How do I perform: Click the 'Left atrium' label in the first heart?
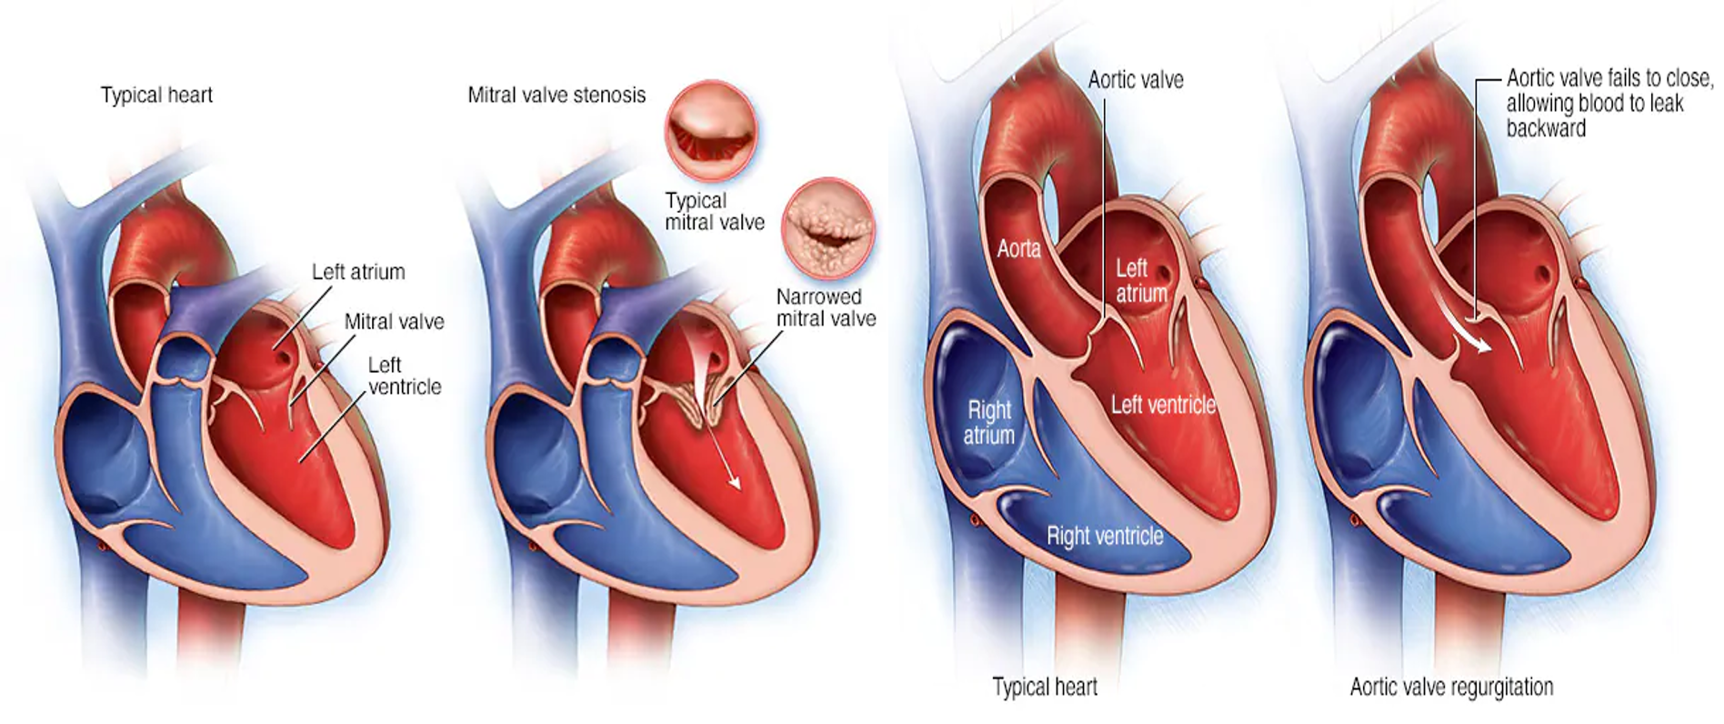click(358, 272)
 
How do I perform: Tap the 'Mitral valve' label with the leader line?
click(394, 321)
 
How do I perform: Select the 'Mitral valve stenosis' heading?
click(556, 95)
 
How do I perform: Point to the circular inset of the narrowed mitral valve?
click(828, 228)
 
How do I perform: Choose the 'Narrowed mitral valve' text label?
click(826, 307)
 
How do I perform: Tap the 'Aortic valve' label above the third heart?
click(1136, 80)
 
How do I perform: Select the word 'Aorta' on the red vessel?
click(1018, 248)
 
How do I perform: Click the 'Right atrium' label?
click(989, 422)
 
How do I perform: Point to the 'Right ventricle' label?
click(1105, 536)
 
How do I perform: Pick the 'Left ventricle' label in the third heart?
click(1163, 404)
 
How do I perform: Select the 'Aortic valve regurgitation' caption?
click(1451, 687)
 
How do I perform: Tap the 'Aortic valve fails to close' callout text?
click(1608, 103)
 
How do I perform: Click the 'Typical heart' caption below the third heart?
click(1045, 687)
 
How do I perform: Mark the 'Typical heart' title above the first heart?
click(156, 95)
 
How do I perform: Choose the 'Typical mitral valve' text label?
click(715, 211)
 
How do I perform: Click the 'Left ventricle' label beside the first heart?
click(404, 376)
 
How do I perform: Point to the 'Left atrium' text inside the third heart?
click(1141, 280)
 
